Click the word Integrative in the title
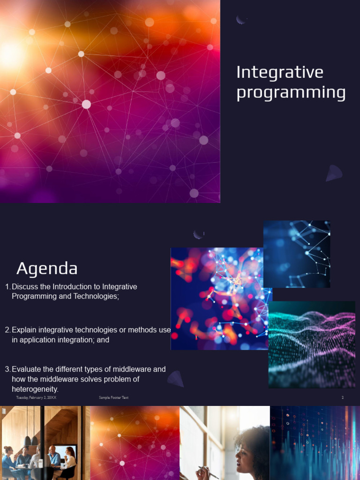click(x=280, y=72)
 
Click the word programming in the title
click(x=291, y=93)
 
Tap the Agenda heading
click(x=47, y=269)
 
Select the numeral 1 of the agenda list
click(x=7, y=286)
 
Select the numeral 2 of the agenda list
click(x=7, y=330)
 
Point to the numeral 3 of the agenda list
click(x=7, y=369)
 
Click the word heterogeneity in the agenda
click(x=35, y=389)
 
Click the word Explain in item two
click(x=25, y=330)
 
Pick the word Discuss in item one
click(x=25, y=286)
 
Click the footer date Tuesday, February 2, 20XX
click(x=36, y=397)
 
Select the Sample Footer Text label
click(x=113, y=397)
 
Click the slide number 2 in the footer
click(x=343, y=397)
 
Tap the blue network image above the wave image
click(x=297, y=254)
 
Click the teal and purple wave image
click(x=312, y=345)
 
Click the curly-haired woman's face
click(x=245, y=453)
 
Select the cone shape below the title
click(x=334, y=173)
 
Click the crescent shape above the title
click(x=241, y=19)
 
